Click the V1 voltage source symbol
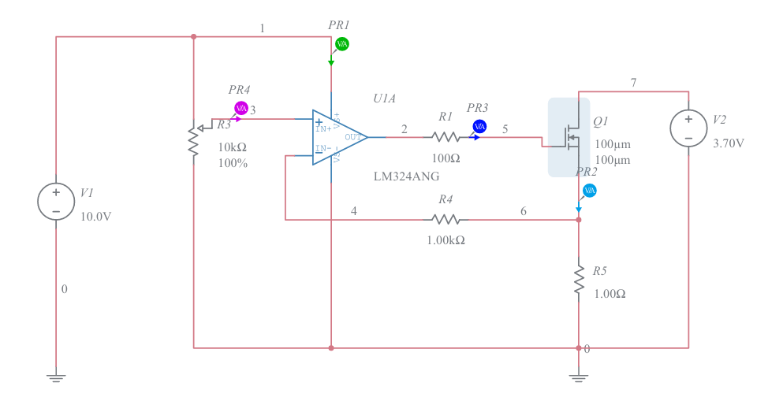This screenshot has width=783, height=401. tap(56, 202)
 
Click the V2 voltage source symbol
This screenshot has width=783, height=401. tap(688, 128)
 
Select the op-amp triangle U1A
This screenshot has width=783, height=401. tap(337, 137)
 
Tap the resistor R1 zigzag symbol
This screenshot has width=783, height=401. tap(446, 137)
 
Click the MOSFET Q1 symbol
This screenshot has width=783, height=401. tap(569, 137)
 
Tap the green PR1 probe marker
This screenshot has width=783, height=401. tap(341, 44)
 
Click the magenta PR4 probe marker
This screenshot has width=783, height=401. tap(241, 108)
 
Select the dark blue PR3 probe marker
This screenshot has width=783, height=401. tap(479, 126)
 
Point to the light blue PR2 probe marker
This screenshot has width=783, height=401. tap(589, 191)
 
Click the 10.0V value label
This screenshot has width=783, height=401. tap(96, 217)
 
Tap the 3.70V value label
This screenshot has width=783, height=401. tap(728, 143)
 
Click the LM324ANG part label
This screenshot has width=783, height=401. tap(406, 176)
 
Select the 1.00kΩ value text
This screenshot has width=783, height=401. tap(446, 240)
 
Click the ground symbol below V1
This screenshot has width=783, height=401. tap(56, 377)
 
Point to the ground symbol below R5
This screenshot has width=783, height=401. tap(579, 377)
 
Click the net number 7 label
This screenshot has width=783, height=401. tap(633, 82)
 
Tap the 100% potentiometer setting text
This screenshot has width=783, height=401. tap(233, 164)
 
